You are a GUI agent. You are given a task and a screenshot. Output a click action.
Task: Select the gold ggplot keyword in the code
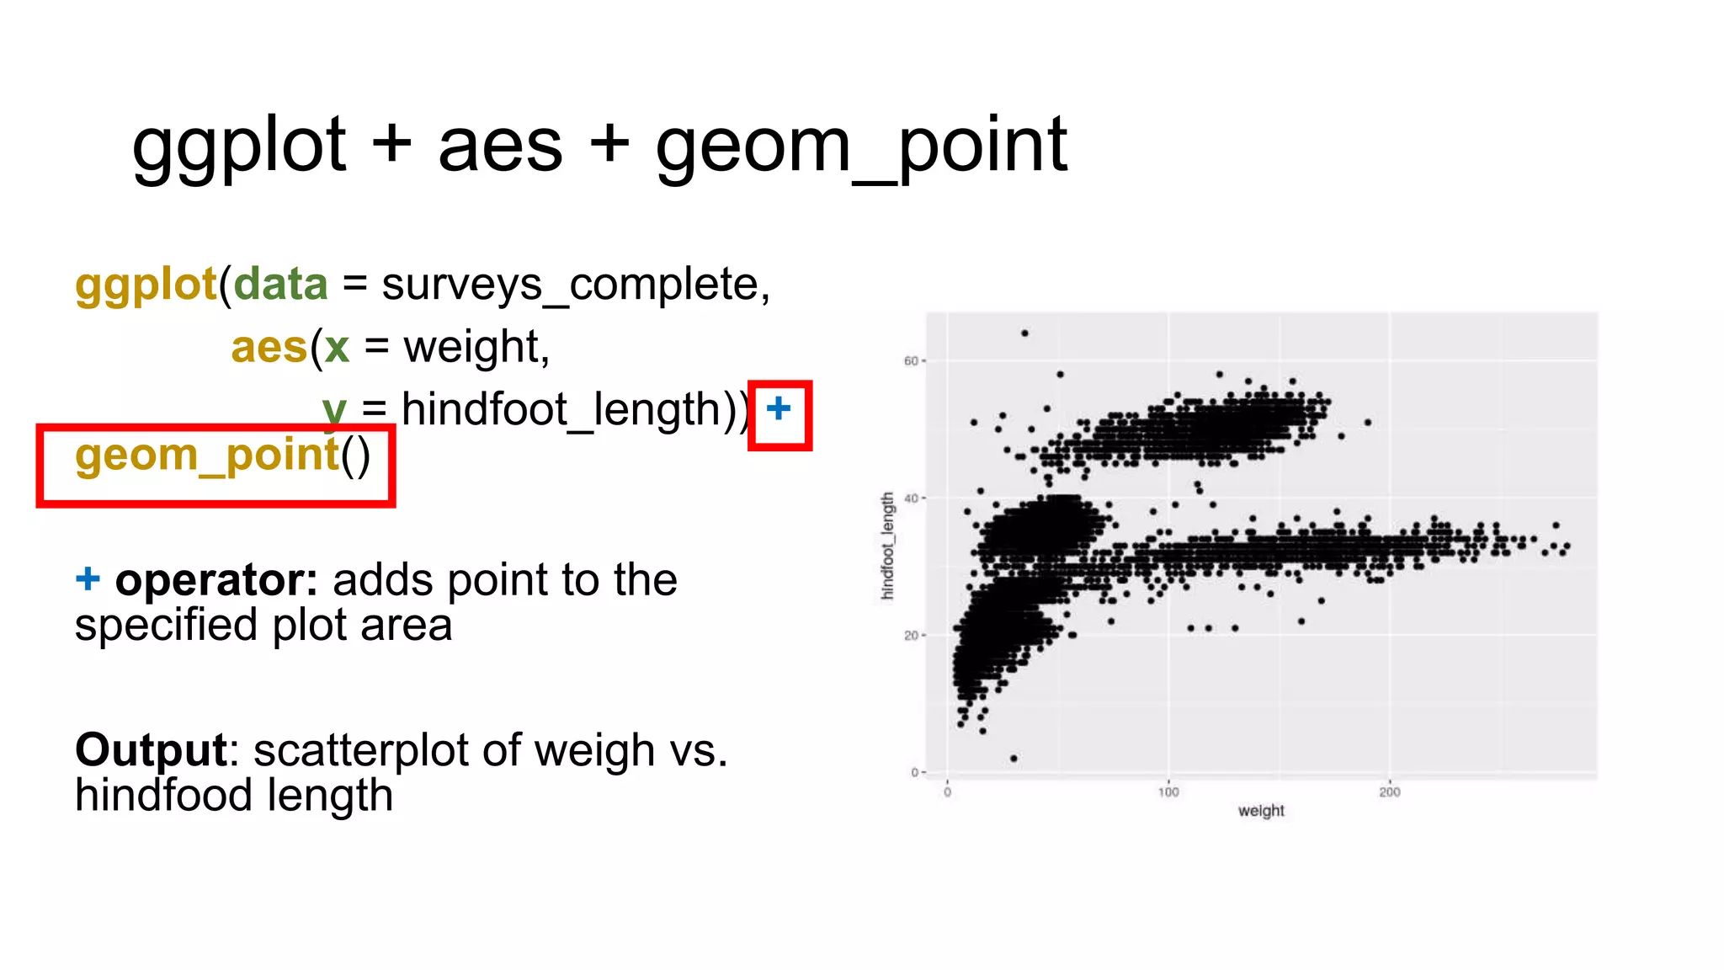(x=146, y=285)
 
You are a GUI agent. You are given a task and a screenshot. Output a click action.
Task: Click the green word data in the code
(x=280, y=284)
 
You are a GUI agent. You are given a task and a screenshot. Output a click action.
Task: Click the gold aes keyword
(x=269, y=347)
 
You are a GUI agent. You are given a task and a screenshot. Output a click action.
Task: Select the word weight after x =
(x=476, y=347)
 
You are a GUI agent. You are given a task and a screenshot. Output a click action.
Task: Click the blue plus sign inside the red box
(x=779, y=409)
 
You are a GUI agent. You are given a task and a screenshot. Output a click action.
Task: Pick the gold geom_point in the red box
(x=206, y=456)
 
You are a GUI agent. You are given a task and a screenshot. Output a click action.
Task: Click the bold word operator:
(x=216, y=580)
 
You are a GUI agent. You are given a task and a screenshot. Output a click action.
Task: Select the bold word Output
(x=151, y=750)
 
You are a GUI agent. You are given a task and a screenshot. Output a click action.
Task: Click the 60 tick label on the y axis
(x=911, y=361)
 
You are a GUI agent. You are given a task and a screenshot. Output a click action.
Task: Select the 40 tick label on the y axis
(x=911, y=498)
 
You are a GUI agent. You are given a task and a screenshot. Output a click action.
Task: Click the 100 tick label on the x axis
(x=1168, y=792)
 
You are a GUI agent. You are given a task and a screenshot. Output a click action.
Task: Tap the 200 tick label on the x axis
(x=1390, y=792)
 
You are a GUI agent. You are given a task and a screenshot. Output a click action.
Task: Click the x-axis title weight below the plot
(x=1261, y=811)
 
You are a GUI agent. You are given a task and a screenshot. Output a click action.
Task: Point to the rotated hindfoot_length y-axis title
(x=887, y=546)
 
